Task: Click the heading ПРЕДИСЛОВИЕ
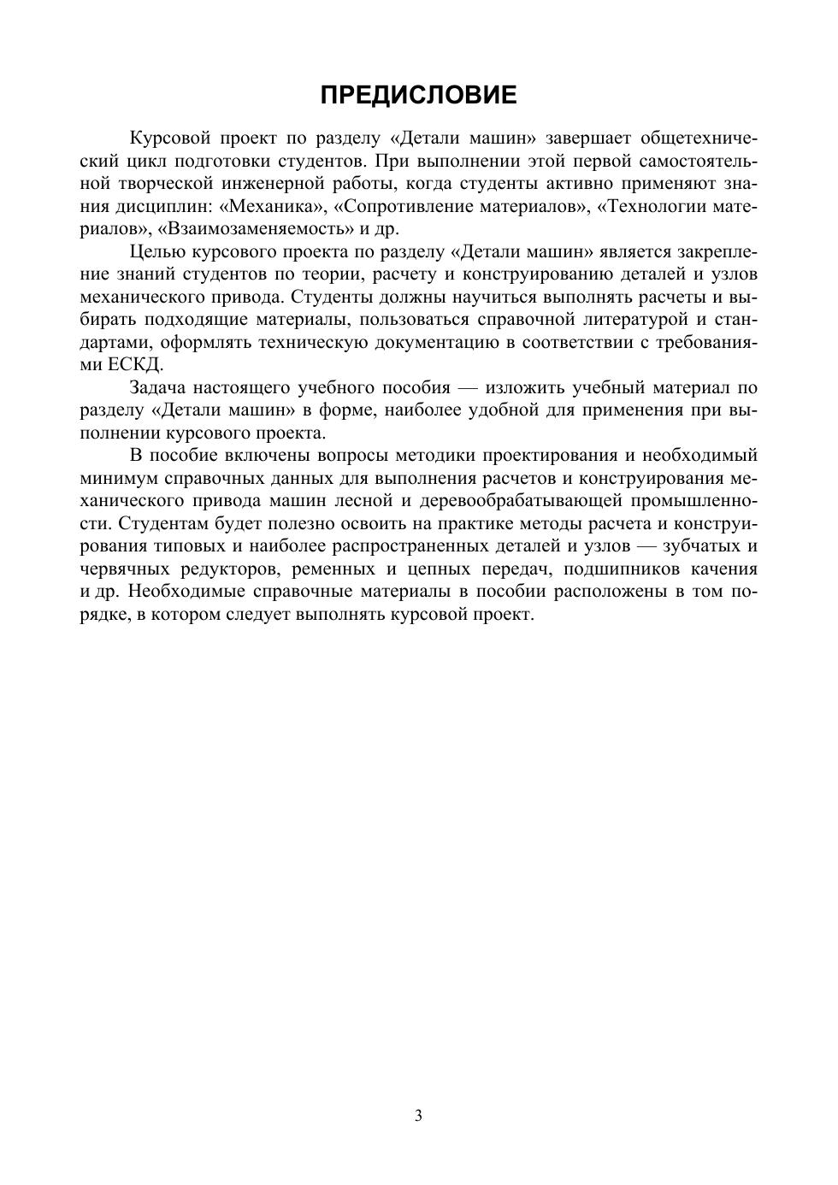418,95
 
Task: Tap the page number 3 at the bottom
418,1115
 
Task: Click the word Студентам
162,523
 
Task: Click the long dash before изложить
470,387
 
